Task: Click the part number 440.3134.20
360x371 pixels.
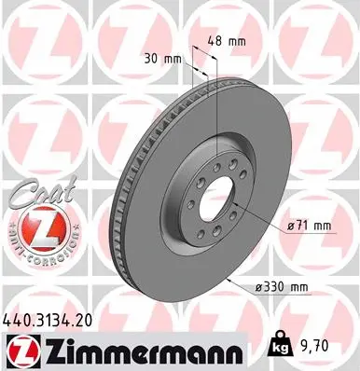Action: point(55,319)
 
